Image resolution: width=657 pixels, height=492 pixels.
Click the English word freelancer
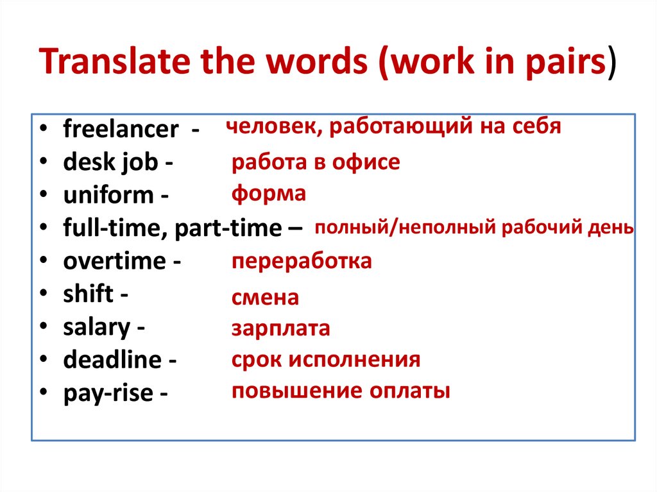pos(121,130)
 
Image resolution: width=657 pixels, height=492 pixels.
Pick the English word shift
pos(88,294)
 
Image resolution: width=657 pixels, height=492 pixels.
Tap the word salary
pos(96,328)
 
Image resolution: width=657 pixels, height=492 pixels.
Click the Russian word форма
pos(269,193)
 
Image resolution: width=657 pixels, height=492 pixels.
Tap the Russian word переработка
pos(302,262)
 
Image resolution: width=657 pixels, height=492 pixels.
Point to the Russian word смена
pos(265,298)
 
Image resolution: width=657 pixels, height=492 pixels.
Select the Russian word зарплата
pos(281,329)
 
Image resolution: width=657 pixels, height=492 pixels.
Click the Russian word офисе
pos(366,162)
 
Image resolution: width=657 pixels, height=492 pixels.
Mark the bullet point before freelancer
pos(42,130)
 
